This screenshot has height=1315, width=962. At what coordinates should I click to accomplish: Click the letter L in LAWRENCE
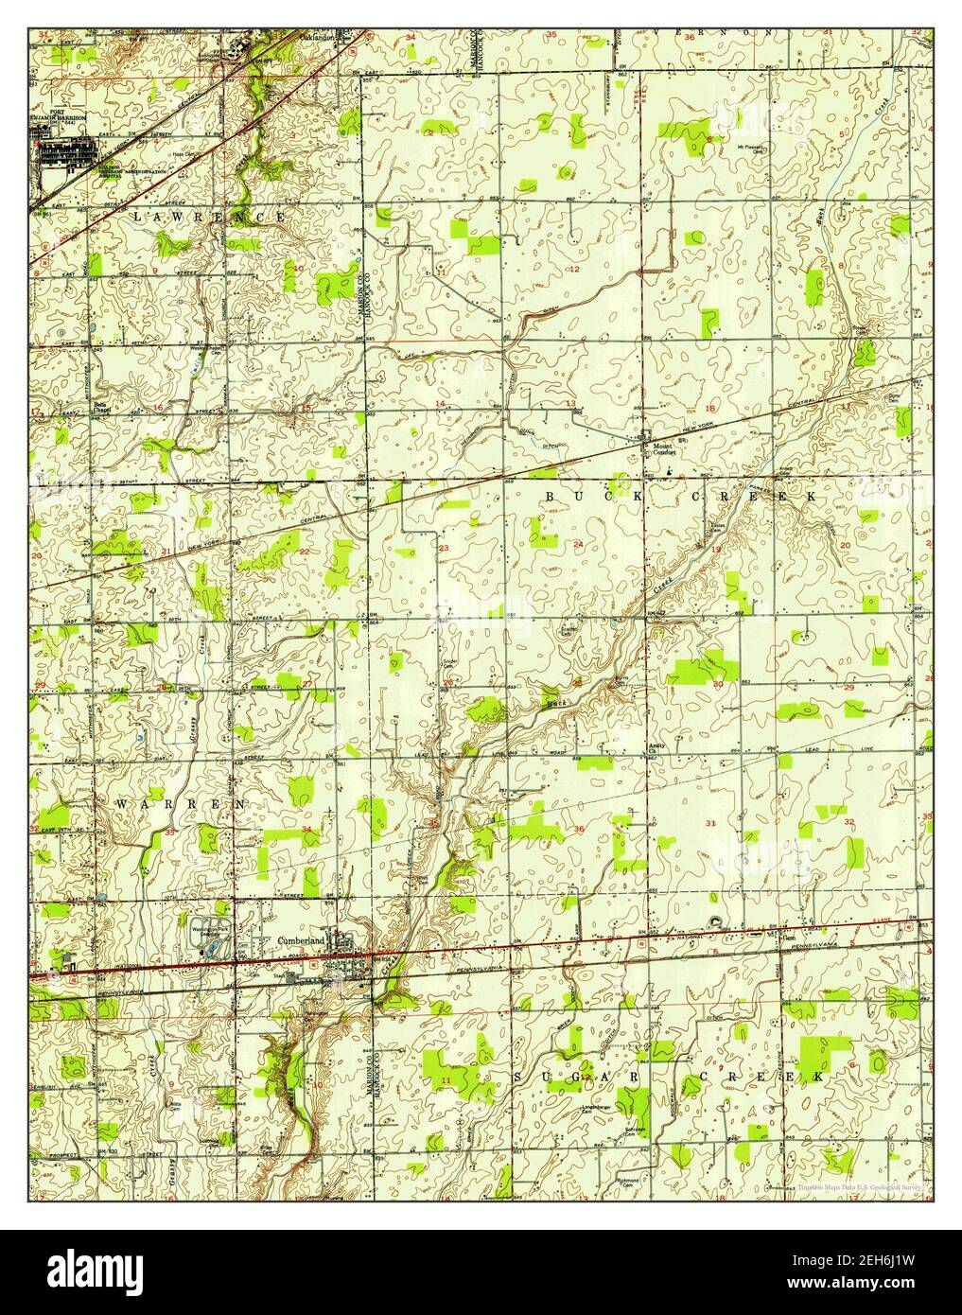coord(138,218)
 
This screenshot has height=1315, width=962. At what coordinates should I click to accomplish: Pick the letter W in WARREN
coord(121,803)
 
